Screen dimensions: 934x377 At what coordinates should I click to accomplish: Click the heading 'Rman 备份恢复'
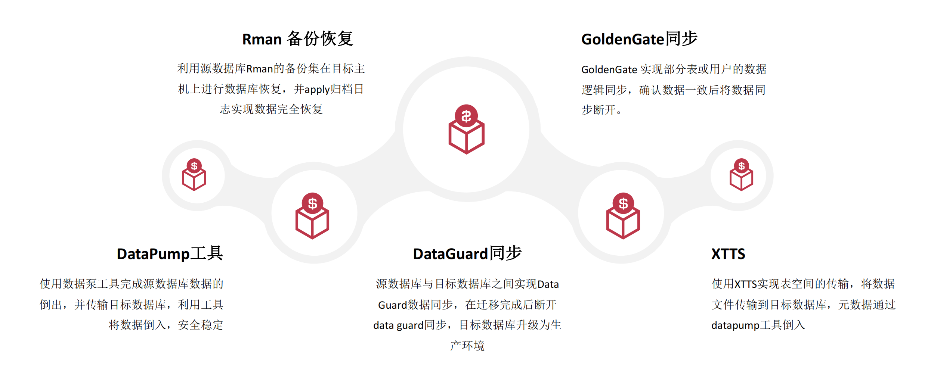(x=297, y=39)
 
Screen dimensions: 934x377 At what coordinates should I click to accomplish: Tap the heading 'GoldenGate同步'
(x=639, y=39)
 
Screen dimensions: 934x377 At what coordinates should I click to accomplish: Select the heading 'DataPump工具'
(x=170, y=254)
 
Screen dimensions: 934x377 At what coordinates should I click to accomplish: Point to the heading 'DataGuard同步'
(x=467, y=254)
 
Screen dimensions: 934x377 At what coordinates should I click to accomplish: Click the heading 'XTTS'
(x=728, y=254)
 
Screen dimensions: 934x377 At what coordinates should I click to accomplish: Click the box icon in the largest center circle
(x=466, y=130)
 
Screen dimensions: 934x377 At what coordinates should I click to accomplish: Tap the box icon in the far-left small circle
(x=194, y=175)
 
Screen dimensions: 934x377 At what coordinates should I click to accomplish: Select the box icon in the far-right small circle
(x=741, y=175)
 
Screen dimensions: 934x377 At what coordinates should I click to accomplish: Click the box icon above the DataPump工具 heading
(x=312, y=216)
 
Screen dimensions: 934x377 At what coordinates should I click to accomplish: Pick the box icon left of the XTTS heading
(x=623, y=216)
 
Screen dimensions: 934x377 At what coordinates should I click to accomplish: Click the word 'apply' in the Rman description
(x=317, y=90)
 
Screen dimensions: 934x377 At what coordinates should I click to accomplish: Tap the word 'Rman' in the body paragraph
(x=260, y=69)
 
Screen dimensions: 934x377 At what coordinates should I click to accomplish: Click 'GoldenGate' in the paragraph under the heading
(x=609, y=70)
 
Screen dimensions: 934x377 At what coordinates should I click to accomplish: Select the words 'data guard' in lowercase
(x=398, y=325)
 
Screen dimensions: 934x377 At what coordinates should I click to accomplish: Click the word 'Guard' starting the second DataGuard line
(x=392, y=305)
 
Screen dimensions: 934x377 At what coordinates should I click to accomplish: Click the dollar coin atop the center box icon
(x=466, y=116)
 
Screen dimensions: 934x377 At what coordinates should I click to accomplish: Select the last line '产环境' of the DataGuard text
(x=467, y=346)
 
